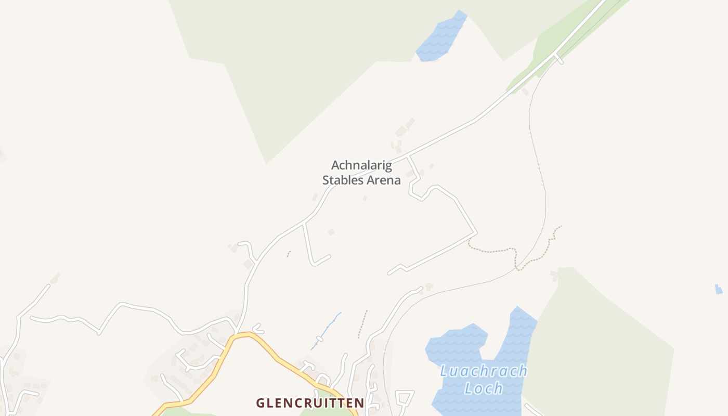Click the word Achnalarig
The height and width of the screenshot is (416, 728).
(361, 165)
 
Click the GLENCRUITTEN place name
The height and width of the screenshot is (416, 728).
(310, 403)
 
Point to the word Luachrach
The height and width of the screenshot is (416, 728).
(483, 371)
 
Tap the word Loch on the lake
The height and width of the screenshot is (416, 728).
(483, 388)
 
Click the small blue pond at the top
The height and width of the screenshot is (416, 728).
(441, 36)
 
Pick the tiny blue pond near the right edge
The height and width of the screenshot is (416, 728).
(719, 289)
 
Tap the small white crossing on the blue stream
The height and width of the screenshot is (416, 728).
(320, 339)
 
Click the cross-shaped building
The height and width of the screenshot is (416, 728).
(428, 286)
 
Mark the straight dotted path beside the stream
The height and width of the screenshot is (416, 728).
(362, 324)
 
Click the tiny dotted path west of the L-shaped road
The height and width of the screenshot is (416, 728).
(289, 254)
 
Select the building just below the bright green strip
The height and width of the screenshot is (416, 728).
(525, 92)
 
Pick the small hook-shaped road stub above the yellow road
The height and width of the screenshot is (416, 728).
(257, 329)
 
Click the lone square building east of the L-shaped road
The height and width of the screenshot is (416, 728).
(331, 232)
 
